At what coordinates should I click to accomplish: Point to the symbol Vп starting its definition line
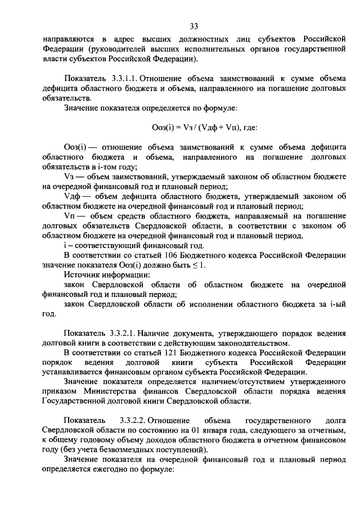click(71, 216)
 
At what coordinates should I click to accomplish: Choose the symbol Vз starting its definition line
click(70, 176)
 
